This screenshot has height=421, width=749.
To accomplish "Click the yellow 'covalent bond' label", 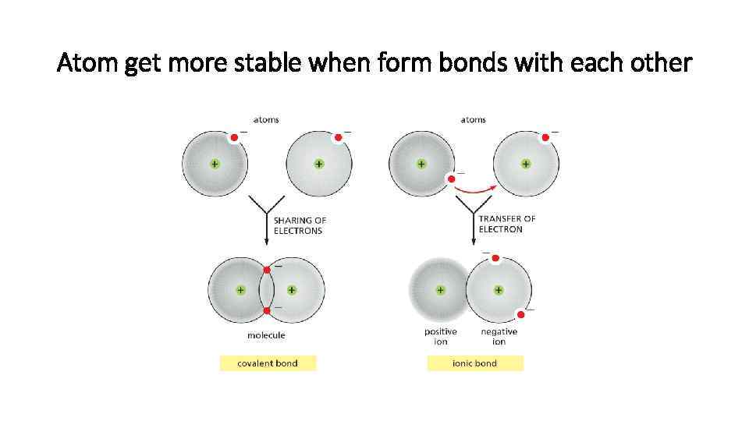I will tap(268, 363).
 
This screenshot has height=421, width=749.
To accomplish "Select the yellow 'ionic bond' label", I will tap(475, 363).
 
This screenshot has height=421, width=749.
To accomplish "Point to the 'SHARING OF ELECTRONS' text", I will tap(299, 225).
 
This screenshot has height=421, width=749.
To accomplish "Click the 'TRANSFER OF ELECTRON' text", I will tap(506, 224).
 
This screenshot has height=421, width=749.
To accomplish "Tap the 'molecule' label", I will tap(266, 335).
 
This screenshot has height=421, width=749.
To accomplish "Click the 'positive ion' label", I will tap(441, 337).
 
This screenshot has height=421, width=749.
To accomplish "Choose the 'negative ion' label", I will tap(499, 337).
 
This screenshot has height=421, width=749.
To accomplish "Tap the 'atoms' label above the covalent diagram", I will tap(266, 120).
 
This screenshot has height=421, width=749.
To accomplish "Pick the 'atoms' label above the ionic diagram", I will tap(474, 120).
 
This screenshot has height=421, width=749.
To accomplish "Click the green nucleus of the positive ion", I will tap(441, 289).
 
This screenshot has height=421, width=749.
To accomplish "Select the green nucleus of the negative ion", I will tap(499, 289).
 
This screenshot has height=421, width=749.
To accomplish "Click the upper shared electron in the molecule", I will tap(267, 270).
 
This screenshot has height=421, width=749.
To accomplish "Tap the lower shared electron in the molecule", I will tap(267, 310).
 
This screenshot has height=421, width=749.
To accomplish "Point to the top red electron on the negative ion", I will tap(495, 258).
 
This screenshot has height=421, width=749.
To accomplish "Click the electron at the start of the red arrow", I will tap(451, 179).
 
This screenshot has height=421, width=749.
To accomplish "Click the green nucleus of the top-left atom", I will tap(214, 165).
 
